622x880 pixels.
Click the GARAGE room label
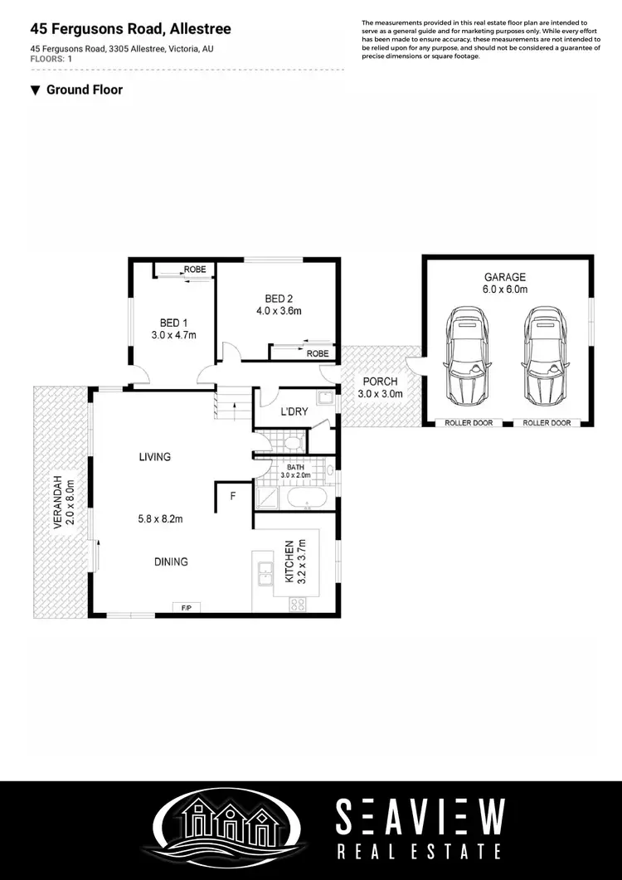click(x=505, y=277)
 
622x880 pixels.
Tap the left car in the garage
click(x=469, y=354)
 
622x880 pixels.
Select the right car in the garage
click(x=544, y=354)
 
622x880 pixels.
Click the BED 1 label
click(x=173, y=324)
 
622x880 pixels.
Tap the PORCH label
click(x=380, y=382)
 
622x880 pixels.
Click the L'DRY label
click(x=294, y=411)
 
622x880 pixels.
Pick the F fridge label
click(x=233, y=497)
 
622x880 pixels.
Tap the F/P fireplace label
click(x=187, y=608)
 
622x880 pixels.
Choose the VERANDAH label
click(x=59, y=503)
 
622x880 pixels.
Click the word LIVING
click(x=155, y=457)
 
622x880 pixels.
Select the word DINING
click(x=170, y=562)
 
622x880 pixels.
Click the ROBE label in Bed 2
click(x=317, y=353)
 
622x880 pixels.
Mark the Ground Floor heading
click(x=84, y=90)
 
